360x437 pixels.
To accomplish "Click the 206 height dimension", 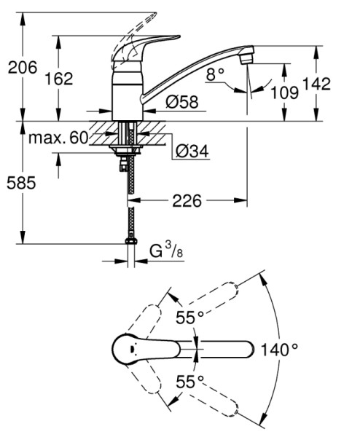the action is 23,68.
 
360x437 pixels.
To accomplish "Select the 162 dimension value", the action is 59,79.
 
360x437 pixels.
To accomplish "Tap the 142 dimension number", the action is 317,83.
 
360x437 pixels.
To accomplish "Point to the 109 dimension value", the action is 285,92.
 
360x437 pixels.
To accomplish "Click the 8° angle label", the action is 215,74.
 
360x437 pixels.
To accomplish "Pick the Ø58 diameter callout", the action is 182,102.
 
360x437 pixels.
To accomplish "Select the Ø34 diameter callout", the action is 192,151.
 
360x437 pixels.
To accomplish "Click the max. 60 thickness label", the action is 58,138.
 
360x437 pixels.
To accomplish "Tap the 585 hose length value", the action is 21,183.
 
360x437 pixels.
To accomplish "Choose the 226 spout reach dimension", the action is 187,201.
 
